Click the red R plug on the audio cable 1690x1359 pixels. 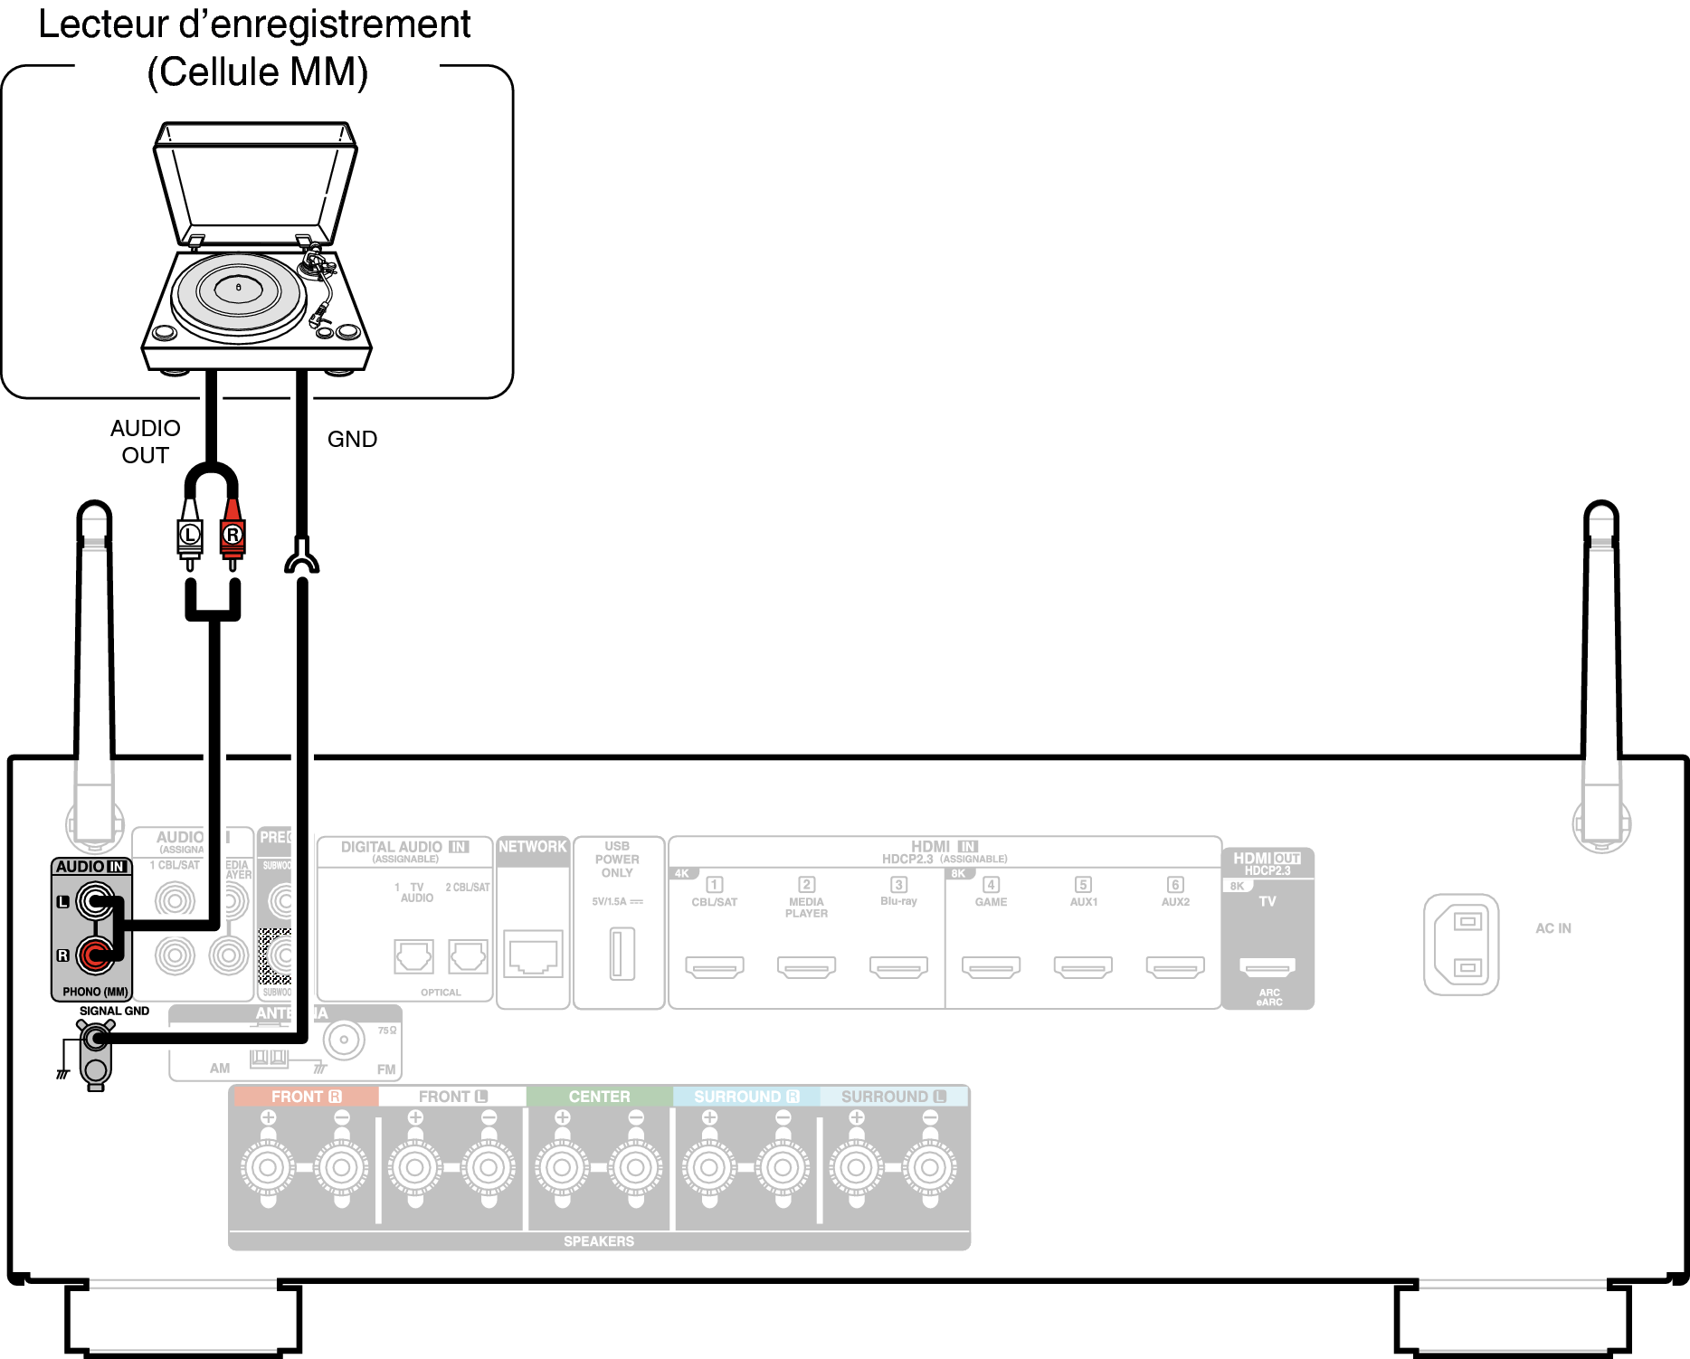[233, 534]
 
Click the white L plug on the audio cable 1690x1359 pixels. [189, 534]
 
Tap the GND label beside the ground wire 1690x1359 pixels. [352, 439]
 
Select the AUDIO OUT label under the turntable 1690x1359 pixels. [145, 441]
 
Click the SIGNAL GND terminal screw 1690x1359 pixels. [95, 1038]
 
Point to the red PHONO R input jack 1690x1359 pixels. [94, 955]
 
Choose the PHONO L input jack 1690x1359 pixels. [94, 901]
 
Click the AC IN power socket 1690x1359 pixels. [1460, 945]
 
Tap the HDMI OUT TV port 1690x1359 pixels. [1267, 967]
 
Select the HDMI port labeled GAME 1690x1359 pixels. [991, 967]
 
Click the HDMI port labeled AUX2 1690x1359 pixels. [1175, 967]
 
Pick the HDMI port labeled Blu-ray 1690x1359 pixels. [898, 967]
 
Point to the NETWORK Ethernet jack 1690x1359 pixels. [533, 955]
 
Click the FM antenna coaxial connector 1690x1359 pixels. [344, 1040]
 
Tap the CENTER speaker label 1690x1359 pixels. [599, 1097]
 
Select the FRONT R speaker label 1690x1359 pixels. [306, 1097]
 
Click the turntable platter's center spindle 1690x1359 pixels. [239, 287]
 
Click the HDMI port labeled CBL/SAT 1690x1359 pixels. [715, 967]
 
